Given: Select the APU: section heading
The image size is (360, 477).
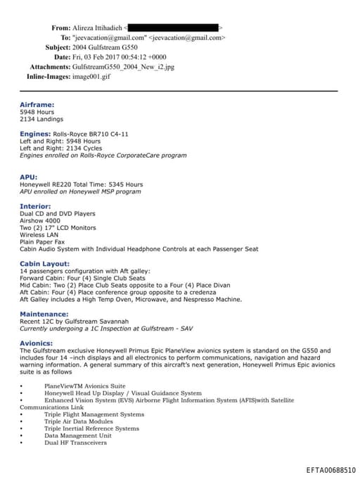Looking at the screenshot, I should point(29,177).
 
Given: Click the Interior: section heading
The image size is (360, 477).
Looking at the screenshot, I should point(35,206).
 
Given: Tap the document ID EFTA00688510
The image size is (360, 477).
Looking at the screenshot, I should point(330,469).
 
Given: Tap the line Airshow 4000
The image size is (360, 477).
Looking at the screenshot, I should point(41,220).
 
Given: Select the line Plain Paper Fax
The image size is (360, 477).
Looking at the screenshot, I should point(42,241).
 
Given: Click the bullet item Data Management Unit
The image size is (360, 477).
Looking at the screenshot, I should point(77,435).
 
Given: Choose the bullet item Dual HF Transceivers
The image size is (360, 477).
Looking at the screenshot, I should point(75,443).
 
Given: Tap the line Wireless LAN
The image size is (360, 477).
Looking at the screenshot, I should point(39,234).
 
